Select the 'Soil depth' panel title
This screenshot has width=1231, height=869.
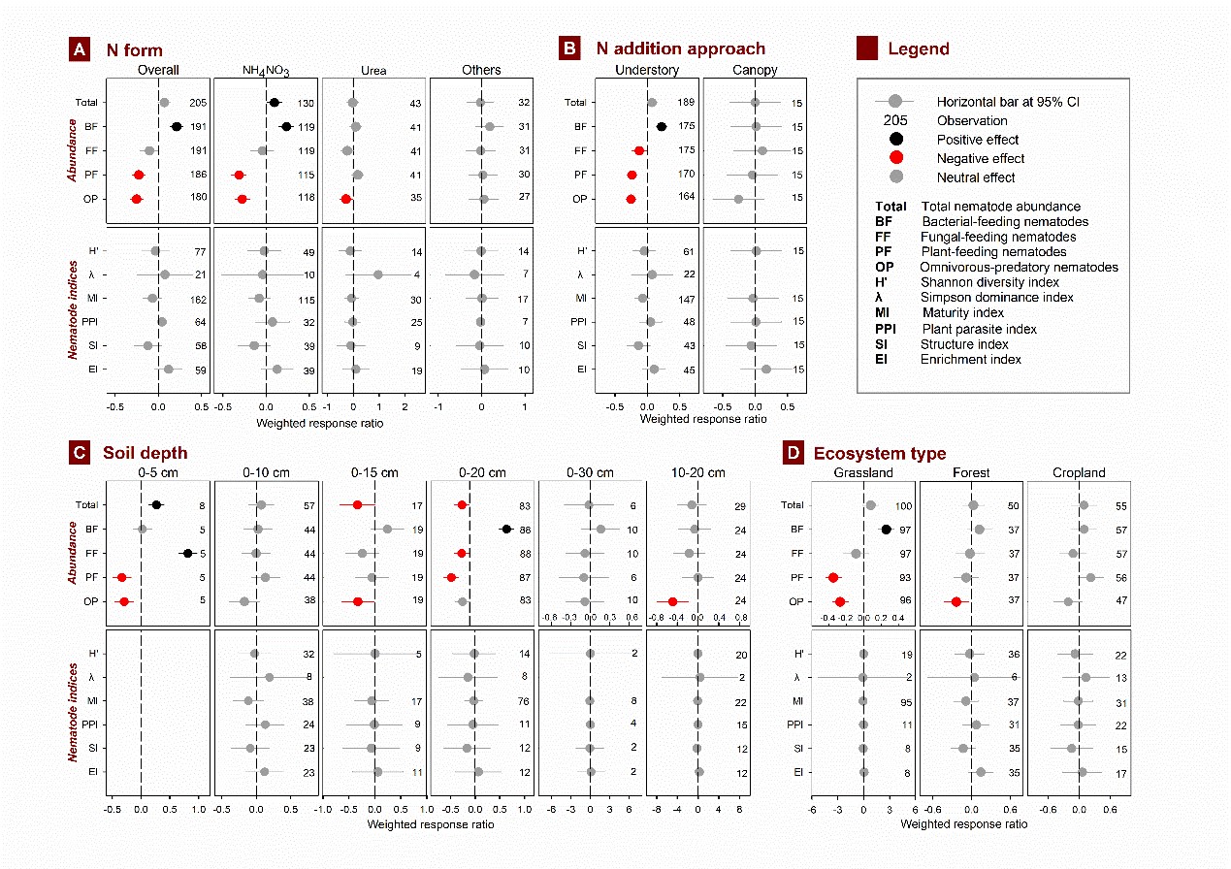click(x=146, y=453)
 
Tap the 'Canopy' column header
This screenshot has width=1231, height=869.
click(x=755, y=70)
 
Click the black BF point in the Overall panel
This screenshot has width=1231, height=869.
click(x=177, y=126)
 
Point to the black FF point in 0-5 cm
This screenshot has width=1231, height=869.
click(x=188, y=553)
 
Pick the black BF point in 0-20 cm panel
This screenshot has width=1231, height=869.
click(x=506, y=529)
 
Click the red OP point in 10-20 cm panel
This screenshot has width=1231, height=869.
click(x=672, y=601)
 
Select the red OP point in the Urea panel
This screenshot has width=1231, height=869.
click(x=345, y=199)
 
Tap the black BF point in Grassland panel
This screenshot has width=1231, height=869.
click(x=886, y=529)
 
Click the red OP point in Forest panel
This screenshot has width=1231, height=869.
click(x=956, y=601)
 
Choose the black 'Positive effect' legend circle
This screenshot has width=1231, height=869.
click(x=895, y=140)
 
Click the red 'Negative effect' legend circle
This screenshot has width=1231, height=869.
click(x=895, y=158)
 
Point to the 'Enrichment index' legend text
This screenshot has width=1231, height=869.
click(x=971, y=360)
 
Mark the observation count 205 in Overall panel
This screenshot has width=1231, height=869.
click(x=199, y=103)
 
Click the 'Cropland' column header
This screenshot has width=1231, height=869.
click(x=1077, y=473)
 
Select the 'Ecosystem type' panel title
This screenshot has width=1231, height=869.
click(x=879, y=453)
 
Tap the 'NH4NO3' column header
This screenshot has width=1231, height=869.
click(x=266, y=71)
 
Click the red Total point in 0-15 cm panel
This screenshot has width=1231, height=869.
click(x=357, y=504)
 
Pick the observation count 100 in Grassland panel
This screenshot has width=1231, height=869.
click(x=903, y=505)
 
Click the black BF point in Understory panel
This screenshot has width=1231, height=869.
click(x=662, y=126)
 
